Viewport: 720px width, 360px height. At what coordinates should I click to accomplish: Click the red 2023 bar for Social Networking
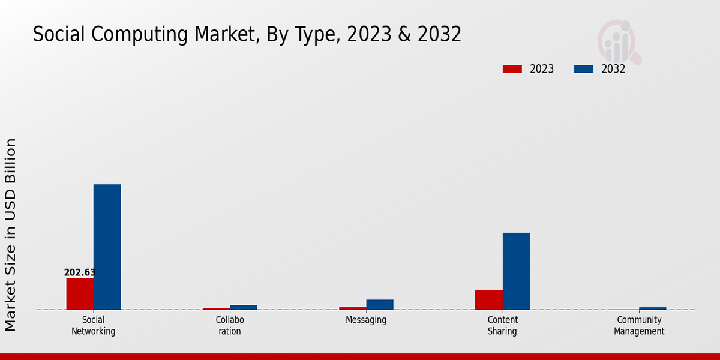point(80,294)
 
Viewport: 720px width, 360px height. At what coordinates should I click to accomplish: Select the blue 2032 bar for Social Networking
point(107,247)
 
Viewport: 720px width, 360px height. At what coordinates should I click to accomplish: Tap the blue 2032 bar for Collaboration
point(244,307)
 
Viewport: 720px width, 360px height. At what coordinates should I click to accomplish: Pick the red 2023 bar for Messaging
point(353,308)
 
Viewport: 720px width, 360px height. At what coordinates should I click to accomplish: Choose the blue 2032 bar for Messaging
point(380,305)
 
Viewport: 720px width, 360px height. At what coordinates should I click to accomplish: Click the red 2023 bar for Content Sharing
point(489,300)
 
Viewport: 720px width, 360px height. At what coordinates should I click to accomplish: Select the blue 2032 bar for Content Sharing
point(516,271)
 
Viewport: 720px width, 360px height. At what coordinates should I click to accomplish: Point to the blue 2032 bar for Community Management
point(653,308)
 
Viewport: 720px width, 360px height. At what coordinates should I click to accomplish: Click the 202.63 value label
point(80,272)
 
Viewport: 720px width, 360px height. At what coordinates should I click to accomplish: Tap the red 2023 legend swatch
point(512,69)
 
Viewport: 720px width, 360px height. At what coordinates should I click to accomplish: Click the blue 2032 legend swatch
point(584,69)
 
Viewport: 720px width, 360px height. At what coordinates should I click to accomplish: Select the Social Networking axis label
point(93,326)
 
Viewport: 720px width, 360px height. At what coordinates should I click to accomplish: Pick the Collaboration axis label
point(230,326)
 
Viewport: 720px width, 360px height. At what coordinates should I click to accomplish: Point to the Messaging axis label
point(366,320)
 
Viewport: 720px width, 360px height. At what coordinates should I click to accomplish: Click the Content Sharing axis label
point(502,326)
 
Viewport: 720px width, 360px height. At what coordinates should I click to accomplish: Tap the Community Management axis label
point(639,326)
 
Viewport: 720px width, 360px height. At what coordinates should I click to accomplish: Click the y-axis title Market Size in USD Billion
point(11,235)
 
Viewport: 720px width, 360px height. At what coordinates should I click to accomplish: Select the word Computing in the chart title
point(139,35)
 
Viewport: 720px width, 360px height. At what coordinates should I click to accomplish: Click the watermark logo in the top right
point(619,42)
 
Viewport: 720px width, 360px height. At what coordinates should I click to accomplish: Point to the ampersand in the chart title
point(404,34)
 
